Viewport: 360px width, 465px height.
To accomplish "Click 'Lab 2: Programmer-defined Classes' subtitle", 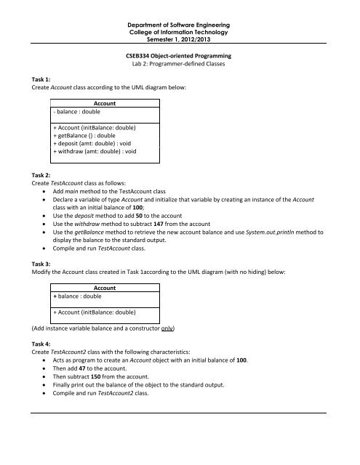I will click(x=179, y=64).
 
